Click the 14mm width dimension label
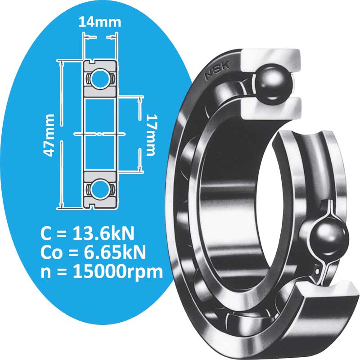coord(99,21)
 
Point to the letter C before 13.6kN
coord(45,234)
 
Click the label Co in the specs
coord(49,253)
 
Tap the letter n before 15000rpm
coord(45,273)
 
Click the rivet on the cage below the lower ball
coord(320,270)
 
